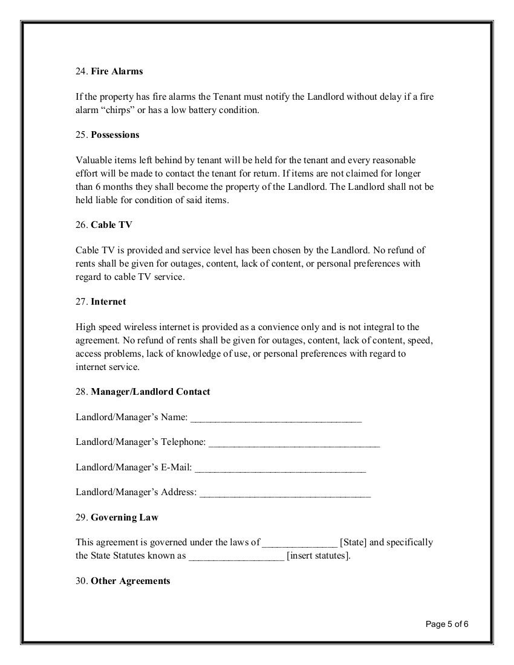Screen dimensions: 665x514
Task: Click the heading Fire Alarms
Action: click(x=117, y=71)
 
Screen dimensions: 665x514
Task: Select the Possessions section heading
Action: click(x=115, y=135)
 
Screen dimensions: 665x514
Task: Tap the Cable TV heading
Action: click(x=111, y=225)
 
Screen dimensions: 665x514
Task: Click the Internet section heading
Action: click(x=108, y=301)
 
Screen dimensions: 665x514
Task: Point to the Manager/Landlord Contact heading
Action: click(x=151, y=392)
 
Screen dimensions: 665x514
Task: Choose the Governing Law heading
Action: click(x=125, y=517)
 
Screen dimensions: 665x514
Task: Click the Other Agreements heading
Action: click(x=130, y=581)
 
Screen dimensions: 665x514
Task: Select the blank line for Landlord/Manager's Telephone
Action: click(x=294, y=443)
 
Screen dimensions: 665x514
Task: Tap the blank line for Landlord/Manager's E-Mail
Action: click(x=280, y=468)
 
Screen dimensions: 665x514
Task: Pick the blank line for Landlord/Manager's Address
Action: click(x=285, y=493)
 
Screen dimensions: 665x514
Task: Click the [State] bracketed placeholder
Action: click(x=353, y=542)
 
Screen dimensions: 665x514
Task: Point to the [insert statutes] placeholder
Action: click(x=319, y=556)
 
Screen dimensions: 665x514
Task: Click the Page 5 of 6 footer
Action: click(x=447, y=624)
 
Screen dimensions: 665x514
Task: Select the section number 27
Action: click(x=82, y=301)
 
